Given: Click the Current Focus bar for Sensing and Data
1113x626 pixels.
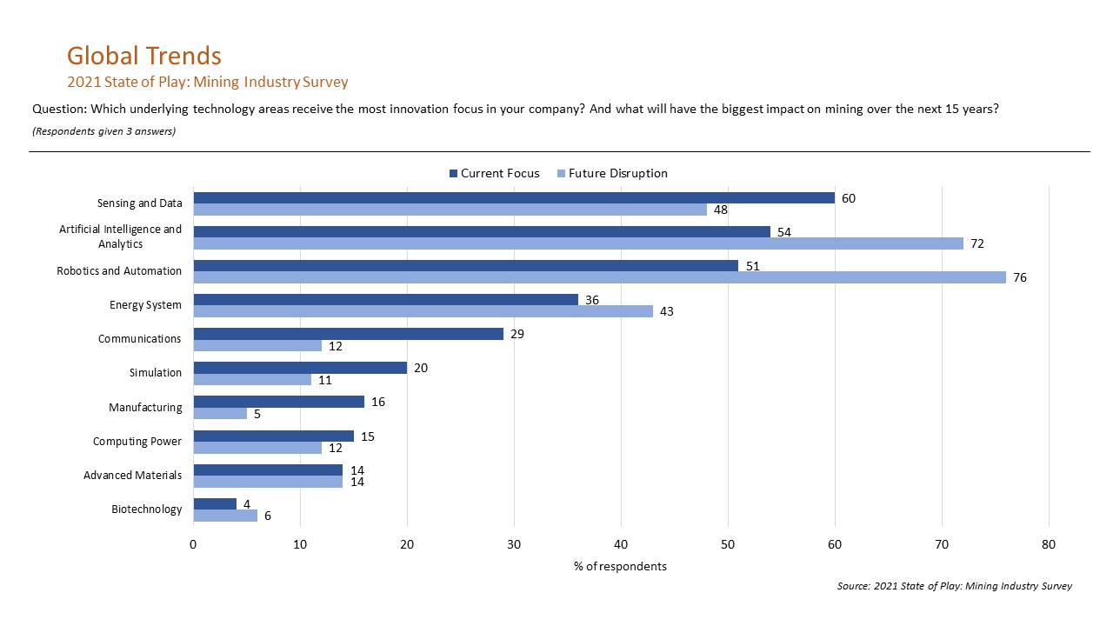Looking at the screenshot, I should (x=513, y=197).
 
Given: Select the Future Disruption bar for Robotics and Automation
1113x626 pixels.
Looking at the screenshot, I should (x=599, y=277).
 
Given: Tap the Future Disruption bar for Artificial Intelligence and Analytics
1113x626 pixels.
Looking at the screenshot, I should (x=578, y=243).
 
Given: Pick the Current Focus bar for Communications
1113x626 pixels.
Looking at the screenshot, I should (x=348, y=334).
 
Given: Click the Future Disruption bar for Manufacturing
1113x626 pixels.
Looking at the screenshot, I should (x=220, y=414).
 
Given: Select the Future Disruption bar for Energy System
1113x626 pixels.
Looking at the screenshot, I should (x=423, y=311).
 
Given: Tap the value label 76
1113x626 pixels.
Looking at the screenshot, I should (x=1020, y=277).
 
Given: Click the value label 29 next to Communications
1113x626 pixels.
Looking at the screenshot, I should (x=518, y=334).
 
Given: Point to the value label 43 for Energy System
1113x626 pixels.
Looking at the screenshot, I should (x=668, y=311).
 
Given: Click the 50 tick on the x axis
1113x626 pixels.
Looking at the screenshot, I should (x=728, y=545).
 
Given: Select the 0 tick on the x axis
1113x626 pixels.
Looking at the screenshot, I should (x=193, y=545).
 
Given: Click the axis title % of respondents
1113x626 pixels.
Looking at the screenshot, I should (x=620, y=567).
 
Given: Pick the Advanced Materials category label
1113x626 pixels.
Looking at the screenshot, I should (x=133, y=476).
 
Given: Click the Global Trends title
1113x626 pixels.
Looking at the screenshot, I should (x=144, y=56).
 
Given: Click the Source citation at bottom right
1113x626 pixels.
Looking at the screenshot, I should (x=954, y=587).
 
